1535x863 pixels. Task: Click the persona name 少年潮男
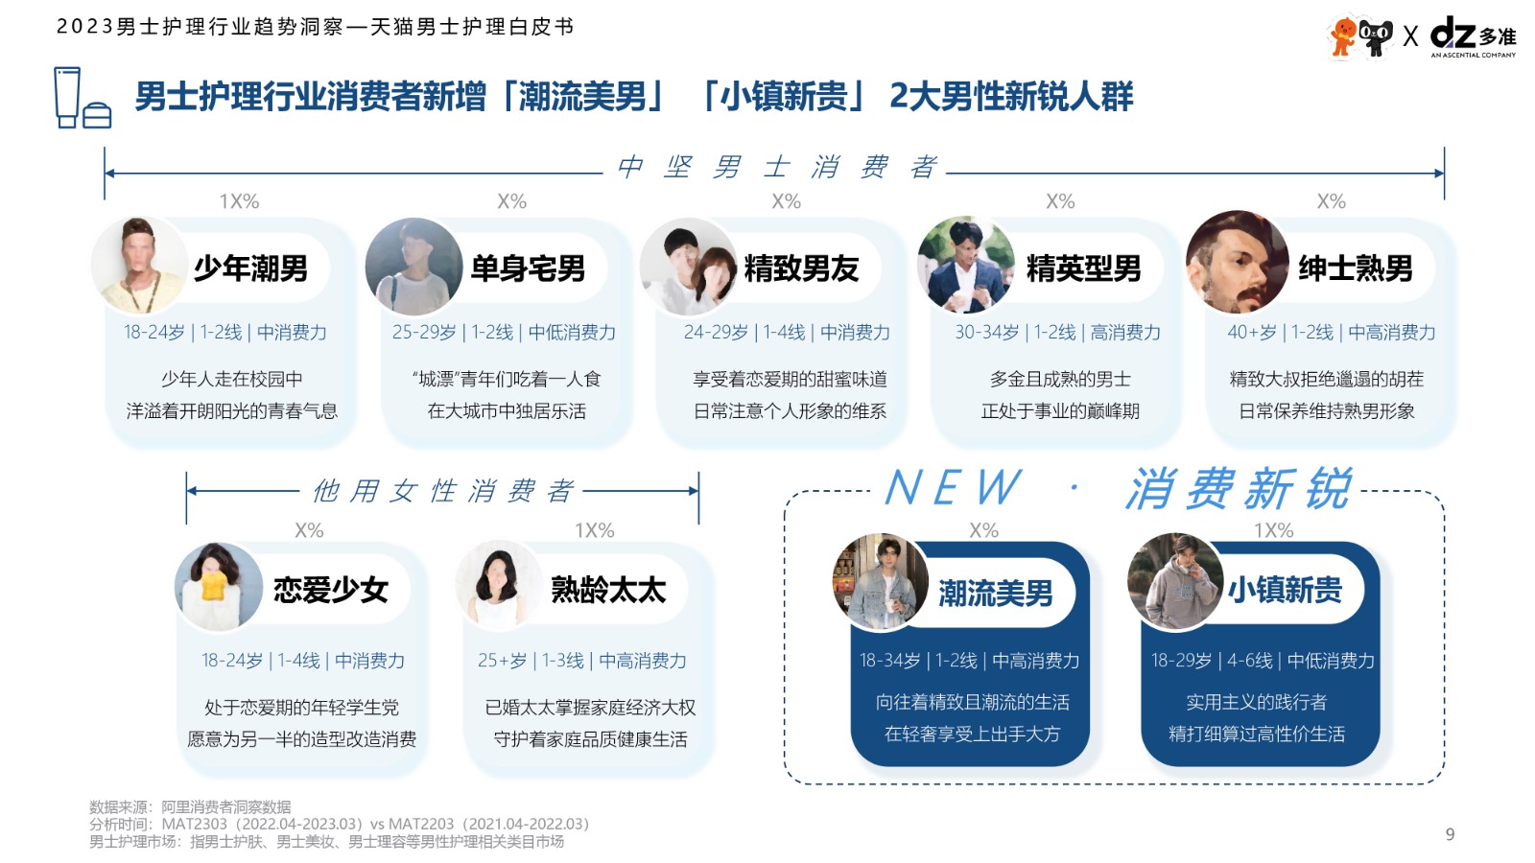250,268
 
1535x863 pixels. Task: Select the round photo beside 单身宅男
413,267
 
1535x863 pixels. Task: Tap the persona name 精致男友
801,268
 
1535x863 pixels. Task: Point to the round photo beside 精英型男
965,266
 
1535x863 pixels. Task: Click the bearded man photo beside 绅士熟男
1237,263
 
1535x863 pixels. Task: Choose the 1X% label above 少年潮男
239,201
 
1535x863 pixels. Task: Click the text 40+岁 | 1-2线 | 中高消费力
1331,332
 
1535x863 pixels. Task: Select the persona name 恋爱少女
331,590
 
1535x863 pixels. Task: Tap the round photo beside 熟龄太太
499,586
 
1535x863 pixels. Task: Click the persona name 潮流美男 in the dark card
995,593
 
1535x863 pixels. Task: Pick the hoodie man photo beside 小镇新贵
1175,582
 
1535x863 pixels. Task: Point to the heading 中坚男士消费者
776,167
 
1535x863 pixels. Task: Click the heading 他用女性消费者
442,491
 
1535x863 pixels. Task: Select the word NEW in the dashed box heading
954,488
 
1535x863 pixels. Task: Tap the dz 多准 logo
1474,37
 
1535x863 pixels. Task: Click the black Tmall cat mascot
1375,37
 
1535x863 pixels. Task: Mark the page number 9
1450,833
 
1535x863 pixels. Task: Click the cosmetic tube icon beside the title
67,97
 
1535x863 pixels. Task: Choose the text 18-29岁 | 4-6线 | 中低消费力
1263,661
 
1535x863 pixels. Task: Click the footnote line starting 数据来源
190,806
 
